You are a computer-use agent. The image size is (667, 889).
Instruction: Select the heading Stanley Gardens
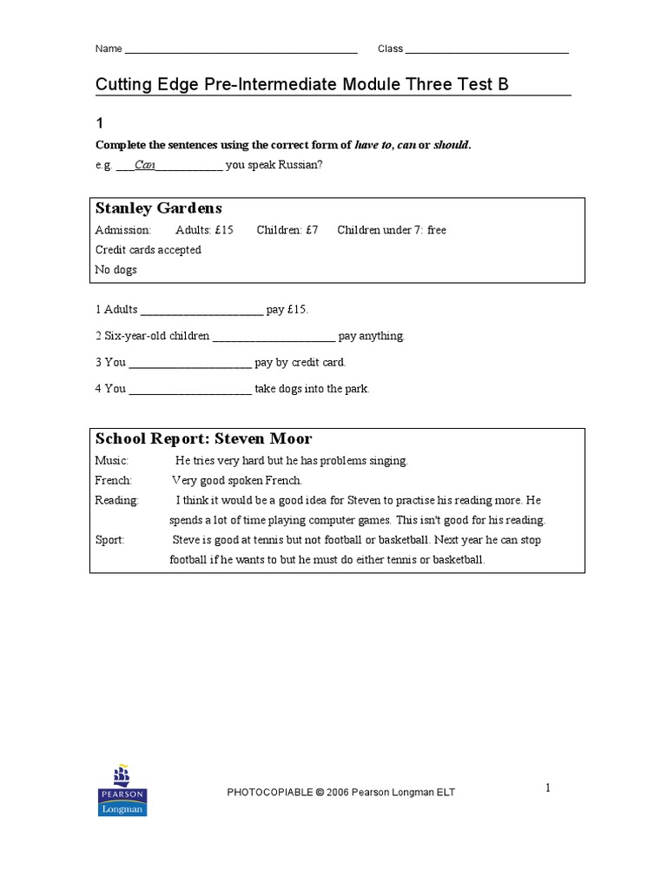[158, 208]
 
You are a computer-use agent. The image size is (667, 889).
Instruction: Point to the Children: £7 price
[287, 230]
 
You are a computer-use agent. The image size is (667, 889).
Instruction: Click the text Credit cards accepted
[148, 250]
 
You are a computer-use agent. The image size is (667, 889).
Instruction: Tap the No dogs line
[116, 270]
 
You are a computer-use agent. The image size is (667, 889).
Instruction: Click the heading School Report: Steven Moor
[203, 439]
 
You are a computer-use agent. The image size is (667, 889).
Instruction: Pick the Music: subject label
[111, 460]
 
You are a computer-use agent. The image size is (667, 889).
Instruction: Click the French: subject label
[113, 480]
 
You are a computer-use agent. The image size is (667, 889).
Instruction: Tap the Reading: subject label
[116, 500]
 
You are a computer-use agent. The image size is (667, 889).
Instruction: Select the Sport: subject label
[109, 540]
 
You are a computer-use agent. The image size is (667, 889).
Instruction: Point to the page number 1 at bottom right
[548, 788]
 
